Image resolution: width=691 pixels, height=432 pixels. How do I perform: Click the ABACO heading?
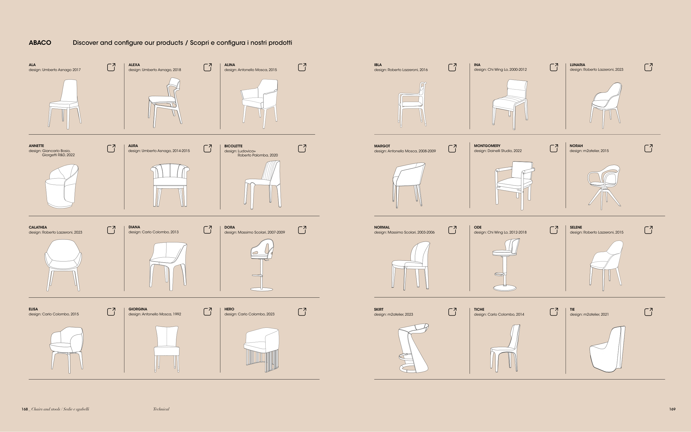[40, 43]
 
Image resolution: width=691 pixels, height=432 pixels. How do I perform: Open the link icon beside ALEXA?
[208, 67]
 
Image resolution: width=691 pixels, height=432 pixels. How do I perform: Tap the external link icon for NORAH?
[648, 148]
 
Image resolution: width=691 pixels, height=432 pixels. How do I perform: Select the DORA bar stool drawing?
[262, 265]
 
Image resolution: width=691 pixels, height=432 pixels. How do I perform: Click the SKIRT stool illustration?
[413, 348]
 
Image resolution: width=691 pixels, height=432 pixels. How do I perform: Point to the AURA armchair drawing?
[170, 185]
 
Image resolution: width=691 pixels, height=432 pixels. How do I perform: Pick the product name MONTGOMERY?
[487, 146]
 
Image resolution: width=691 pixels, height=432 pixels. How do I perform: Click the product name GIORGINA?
[138, 309]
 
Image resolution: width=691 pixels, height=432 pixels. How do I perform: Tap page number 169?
[672, 409]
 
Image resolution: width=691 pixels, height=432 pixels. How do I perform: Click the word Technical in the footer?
[161, 409]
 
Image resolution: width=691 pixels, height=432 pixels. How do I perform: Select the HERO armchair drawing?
[261, 350]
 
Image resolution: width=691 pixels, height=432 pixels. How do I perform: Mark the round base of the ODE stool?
[504, 288]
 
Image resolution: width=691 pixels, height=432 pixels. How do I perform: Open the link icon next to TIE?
[648, 312]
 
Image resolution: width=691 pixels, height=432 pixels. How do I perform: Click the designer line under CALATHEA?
[55, 232]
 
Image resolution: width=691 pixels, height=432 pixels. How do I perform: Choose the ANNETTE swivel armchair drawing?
[62, 186]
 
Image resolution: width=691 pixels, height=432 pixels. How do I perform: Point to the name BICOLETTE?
[233, 146]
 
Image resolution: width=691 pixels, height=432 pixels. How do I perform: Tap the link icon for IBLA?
[452, 67]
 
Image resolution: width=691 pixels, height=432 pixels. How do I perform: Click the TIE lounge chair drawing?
[607, 349]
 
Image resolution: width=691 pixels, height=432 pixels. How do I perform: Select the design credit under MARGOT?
[405, 151]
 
